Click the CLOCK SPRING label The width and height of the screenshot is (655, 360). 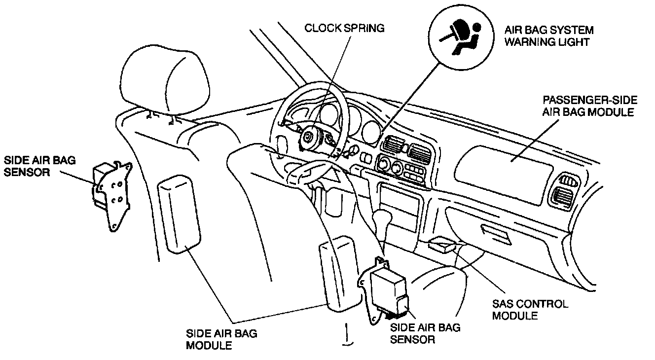pyautogui.click(x=344, y=28)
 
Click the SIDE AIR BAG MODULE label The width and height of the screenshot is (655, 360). pyautogui.click(x=221, y=339)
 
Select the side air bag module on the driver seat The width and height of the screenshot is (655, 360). pyautogui.click(x=180, y=215)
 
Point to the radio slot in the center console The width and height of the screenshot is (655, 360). pyautogui.click(x=400, y=206)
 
